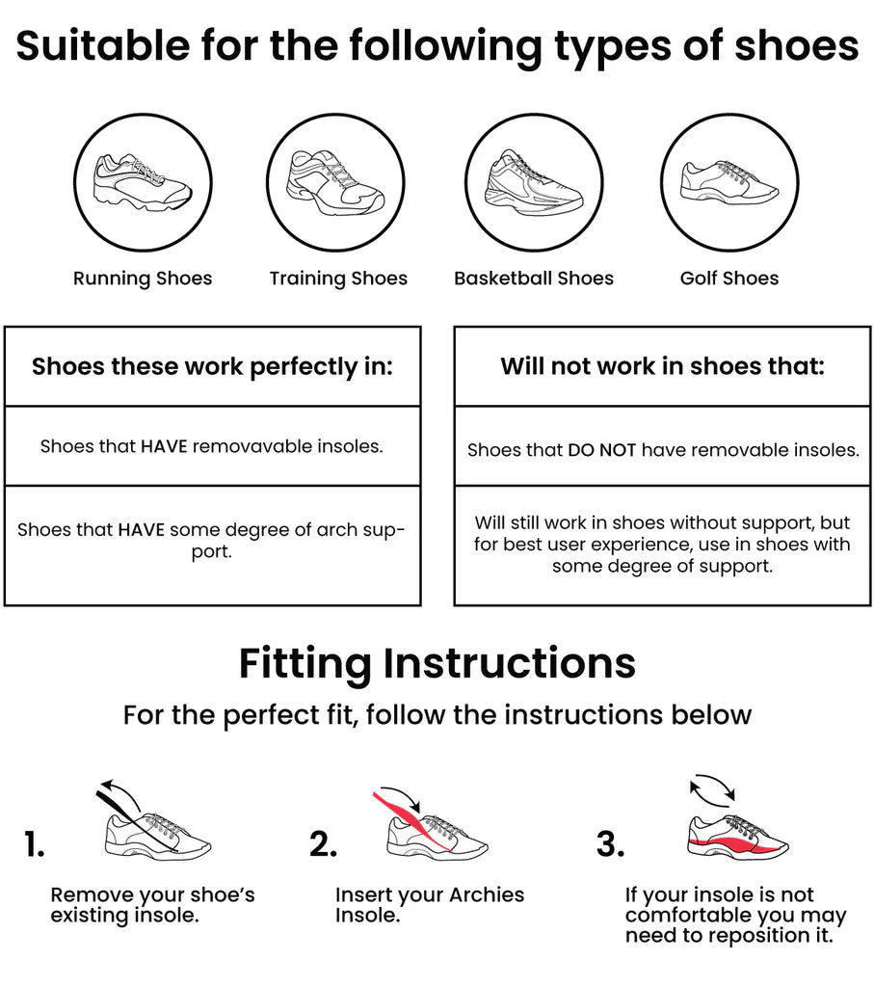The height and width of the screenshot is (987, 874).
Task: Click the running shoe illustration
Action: [x=143, y=182]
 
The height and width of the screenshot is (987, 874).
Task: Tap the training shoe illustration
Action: [x=335, y=182]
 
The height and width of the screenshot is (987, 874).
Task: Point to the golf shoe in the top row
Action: [x=729, y=181]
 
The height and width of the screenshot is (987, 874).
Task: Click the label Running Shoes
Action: [x=143, y=279]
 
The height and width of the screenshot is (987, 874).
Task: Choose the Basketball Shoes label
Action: [x=534, y=279]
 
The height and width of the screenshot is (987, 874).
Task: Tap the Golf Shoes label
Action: [x=729, y=279]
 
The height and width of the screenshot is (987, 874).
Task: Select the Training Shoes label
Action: [x=338, y=279]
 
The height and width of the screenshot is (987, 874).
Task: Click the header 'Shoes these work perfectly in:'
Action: [x=213, y=366]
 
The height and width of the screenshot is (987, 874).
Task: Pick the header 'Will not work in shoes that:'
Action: [x=663, y=365]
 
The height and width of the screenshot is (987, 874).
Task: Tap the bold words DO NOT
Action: [x=601, y=450]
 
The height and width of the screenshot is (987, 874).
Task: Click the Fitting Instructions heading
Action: [x=437, y=663]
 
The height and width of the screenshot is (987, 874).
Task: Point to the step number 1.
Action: [x=34, y=844]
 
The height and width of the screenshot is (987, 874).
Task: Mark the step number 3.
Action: [x=610, y=844]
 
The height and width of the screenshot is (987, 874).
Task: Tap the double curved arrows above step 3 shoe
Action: [x=712, y=788]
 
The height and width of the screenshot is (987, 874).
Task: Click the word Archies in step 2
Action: [x=487, y=894]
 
